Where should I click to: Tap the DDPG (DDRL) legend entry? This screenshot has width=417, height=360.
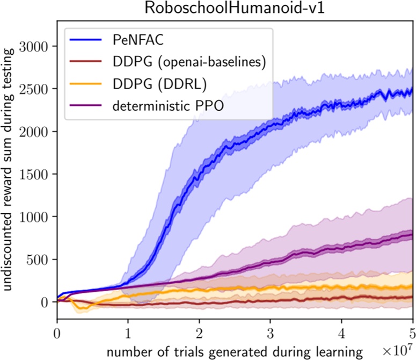tap(152, 85)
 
